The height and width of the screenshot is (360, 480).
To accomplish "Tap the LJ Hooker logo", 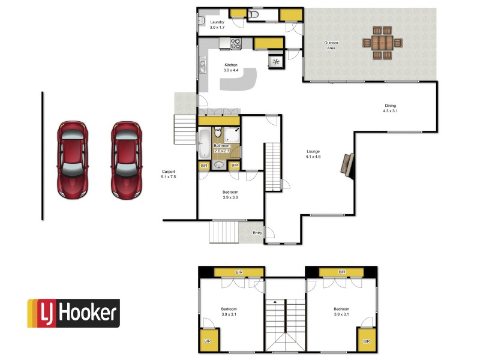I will click(73, 313).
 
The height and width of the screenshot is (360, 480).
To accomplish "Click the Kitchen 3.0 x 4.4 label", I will click(231, 67).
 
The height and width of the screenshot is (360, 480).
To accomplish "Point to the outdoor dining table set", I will click(382, 43).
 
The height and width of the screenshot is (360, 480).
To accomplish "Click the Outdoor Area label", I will click(331, 45).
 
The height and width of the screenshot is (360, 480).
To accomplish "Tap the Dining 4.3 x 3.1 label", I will click(391, 109).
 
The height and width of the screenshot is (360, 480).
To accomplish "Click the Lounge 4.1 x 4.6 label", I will click(313, 154).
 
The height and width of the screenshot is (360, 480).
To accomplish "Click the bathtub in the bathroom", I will click(204, 142).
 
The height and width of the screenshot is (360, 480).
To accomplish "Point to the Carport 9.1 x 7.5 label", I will click(169, 174).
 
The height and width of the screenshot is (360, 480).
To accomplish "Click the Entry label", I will click(257, 233).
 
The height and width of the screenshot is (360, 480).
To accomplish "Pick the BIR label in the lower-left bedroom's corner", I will click(208, 341).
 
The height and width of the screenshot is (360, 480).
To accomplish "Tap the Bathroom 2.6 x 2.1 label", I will click(223, 147).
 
